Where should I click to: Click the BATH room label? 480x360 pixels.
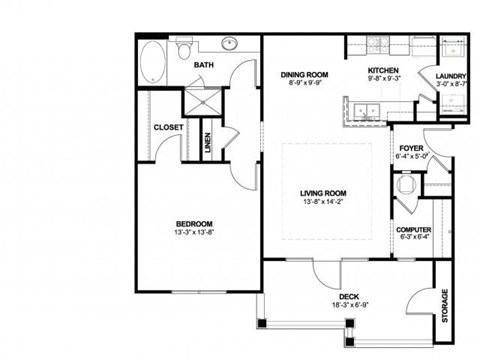coord(203,66)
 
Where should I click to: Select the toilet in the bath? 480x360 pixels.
coord(185,47)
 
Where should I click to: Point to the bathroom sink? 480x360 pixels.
coord(229,45)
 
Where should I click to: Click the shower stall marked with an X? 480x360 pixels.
coord(193,101)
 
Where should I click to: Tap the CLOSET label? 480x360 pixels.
coord(167,127)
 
